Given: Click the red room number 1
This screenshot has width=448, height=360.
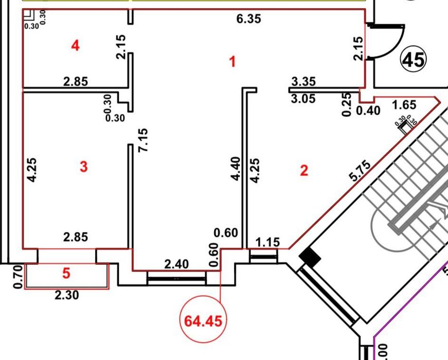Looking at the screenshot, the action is tap(233, 62).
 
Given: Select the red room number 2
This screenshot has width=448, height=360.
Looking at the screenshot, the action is tap(304, 170).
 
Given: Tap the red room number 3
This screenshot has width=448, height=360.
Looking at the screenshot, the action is tap(83, 167).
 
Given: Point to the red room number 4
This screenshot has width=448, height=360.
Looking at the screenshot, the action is tap(75, 46).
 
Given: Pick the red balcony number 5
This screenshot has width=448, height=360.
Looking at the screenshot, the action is tap(66, 274).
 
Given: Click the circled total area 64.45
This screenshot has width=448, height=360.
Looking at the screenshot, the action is tap(203, 321).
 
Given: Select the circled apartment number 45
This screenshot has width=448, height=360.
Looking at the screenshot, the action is tap(414, 60).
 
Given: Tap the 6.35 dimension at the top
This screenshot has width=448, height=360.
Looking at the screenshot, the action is tap(248, 19).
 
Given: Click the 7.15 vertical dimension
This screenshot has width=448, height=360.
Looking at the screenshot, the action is tap(143, 140).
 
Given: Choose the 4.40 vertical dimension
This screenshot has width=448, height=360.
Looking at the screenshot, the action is tap(235, 169).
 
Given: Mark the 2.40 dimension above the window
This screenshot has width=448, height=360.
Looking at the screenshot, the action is tap(176, 264).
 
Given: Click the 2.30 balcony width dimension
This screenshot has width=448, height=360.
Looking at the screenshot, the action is tap(66, 295).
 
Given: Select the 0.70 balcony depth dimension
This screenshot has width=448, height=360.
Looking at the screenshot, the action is tap(17, 277).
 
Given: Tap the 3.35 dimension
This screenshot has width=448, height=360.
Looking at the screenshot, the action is tap(303, 82).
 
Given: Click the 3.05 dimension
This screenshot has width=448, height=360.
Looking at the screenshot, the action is tap(303, 99).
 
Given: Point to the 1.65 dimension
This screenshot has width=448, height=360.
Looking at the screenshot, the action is tap(404, 105).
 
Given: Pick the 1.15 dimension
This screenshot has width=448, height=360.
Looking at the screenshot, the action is tap(267, 243).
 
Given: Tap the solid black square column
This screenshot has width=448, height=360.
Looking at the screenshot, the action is tap(310, 257).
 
